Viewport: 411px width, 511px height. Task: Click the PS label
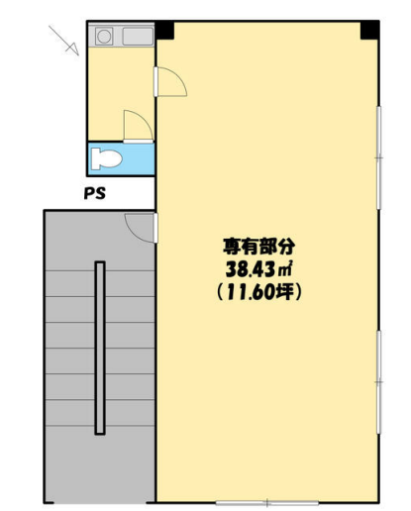95,193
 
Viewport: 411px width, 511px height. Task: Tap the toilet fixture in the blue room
107,158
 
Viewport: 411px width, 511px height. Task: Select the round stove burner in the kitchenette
104,37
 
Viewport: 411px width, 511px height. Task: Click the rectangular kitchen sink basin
138,37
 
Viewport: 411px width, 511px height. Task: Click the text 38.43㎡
258,269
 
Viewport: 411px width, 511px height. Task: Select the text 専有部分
258,247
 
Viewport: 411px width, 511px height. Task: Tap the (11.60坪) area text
258,292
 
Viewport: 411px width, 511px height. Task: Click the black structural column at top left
164,31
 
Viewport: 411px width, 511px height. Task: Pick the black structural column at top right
369,31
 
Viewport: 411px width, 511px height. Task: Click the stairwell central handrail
100,348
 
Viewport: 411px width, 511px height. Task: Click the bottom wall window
267,503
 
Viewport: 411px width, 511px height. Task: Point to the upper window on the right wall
379,157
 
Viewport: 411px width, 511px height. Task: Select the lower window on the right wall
379,382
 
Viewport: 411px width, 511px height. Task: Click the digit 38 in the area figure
234,269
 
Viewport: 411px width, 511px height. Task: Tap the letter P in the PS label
89,193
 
